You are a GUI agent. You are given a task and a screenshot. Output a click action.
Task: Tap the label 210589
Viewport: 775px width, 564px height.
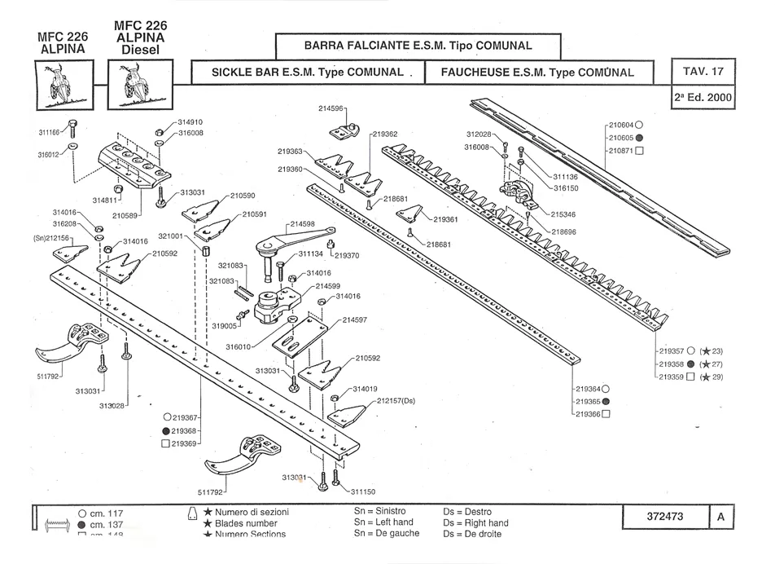click(x=126, y=215)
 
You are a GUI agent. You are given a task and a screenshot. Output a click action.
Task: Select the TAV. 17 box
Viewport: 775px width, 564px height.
click(x=703, y=71)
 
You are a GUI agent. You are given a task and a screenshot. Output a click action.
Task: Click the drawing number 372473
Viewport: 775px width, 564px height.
click(x=663, y=517)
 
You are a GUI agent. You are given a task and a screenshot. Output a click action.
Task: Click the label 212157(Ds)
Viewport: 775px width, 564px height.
click(x=396, y=401)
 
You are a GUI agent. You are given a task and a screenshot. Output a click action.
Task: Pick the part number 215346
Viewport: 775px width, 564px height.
click(x=563, y=214)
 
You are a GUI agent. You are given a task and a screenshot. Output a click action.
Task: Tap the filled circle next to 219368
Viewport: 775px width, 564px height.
click(x=166, y=430)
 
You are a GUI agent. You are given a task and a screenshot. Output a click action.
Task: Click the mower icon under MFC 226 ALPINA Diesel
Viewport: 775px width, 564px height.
click(x=140, y=85)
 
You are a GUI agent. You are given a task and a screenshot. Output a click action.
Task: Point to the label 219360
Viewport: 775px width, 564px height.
click(x=290, y=170)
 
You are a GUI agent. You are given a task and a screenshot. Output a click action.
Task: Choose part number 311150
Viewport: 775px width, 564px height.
click(x=363, y=491)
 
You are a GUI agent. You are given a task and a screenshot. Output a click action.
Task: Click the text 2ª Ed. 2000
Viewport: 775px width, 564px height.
click(x=703, y=97)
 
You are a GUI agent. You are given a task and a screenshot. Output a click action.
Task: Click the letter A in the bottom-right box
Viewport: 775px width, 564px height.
click(x=721, y=517)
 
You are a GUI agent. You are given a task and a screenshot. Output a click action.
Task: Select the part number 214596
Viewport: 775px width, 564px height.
click(x=332, y=108)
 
